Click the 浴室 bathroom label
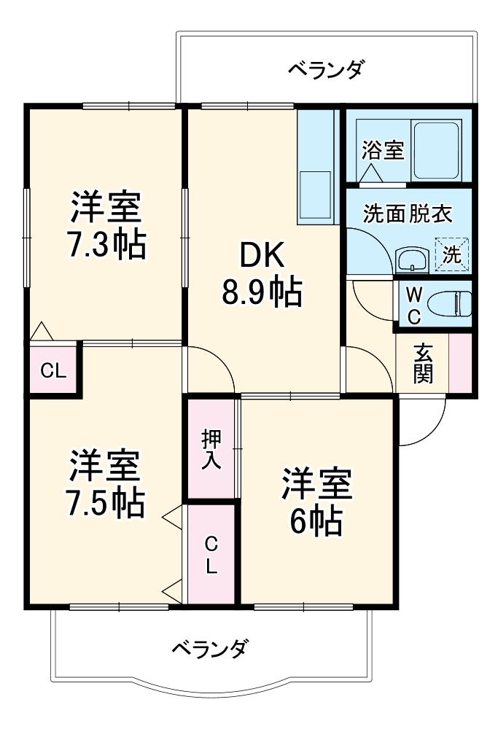[x=383, y=151]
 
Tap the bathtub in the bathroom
[x=437, y=151]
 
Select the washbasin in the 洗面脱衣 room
[x=412, y=260]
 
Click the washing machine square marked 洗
[x=452, y=255]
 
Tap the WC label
[x=413, y=305]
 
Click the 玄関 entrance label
[x=423, y=364]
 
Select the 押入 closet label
[x=211, y=449]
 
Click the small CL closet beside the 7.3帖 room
[x=53, y=370]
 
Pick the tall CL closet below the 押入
[x=211, y=555]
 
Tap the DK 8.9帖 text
[x=261, y=274]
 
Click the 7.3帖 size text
[x=106, y=246]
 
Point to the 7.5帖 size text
[x=105, y=502]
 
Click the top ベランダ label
[x=325, y=71]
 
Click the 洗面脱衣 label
[x=408, y=214]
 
